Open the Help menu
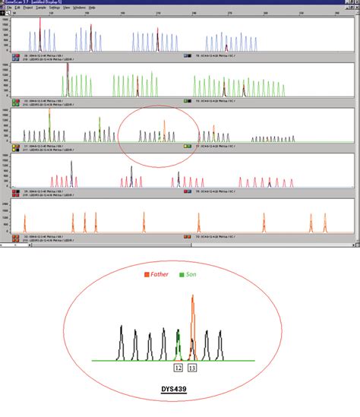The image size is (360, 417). click(92, 7)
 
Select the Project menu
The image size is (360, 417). click(37, 7)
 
